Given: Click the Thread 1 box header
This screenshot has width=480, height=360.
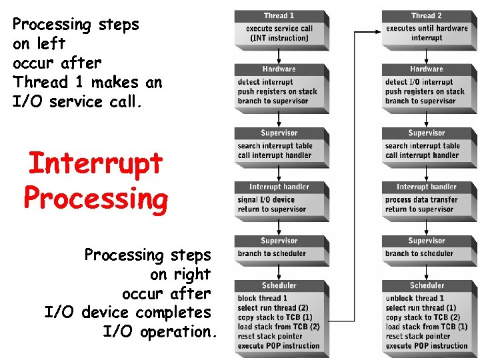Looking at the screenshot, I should click(279, 15).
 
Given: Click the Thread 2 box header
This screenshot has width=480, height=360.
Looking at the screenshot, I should click(426, 15).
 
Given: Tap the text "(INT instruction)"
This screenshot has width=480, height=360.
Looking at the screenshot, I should click(279, 38).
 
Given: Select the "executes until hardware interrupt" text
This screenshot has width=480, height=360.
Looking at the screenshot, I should click(427, 33).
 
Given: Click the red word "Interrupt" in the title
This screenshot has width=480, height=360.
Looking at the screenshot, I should click(95, 163).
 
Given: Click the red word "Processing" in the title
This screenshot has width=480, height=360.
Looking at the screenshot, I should click(95, 199).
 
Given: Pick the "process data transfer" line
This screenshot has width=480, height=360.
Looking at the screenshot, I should click(421, 200).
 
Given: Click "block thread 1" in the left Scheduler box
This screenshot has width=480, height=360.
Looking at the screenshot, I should click(263, 299).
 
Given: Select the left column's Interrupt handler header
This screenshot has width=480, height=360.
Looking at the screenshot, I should click(279, 187).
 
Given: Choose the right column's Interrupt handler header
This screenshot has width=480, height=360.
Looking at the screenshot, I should click(426, 187).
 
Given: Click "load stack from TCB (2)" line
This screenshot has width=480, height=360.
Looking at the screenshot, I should click(279, 327).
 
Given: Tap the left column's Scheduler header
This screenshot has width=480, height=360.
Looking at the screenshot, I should click(279, 285).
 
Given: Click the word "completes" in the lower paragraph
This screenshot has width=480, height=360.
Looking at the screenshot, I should click(173, 312).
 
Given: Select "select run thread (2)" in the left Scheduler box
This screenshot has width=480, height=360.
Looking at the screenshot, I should click(273, 308).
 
